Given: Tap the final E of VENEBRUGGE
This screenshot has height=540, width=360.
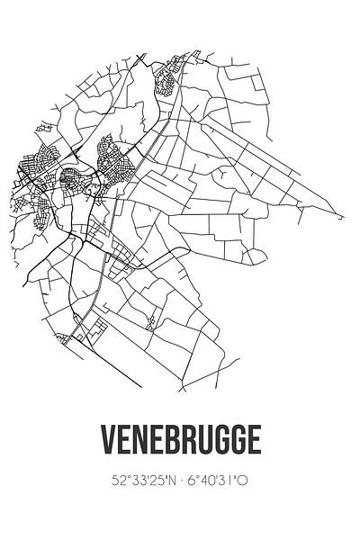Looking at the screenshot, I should pyautogui.click(x=255, y=441).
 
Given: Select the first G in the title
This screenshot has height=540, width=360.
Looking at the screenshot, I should pyautogui.click(x=221, y=441).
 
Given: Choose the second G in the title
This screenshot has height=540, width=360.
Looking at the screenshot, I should pyautogui.click(x=238, y=441).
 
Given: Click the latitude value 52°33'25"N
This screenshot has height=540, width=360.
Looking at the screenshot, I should pyautogui.click(x=144, y=481).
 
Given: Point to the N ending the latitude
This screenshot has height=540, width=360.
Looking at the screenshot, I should pyautogui.click(x=171, y=481).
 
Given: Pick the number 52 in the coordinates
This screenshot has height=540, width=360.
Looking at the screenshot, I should pyautogui.click(x=118, y=481).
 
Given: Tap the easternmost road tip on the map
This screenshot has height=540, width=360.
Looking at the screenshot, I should pyautogui.click(x=342, y=218).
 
